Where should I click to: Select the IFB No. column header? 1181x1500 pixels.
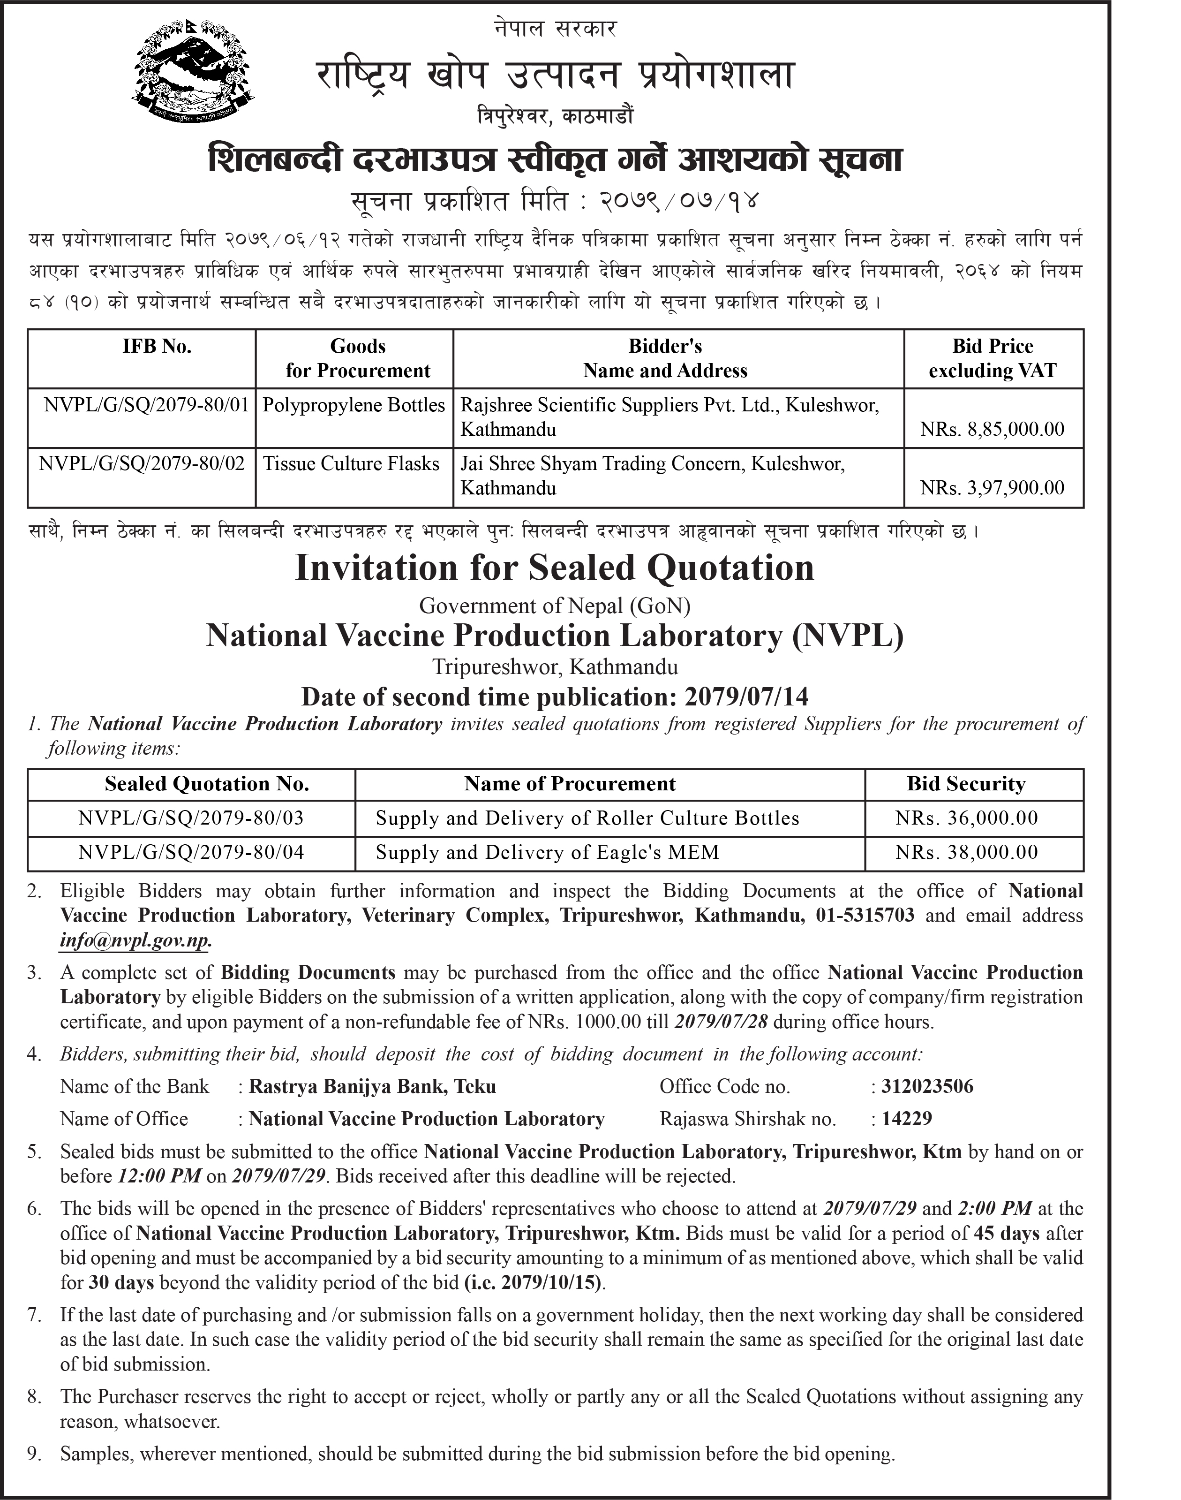157,347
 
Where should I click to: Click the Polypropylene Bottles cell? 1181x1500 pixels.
354,405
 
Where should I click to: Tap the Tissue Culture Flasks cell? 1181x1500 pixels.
351,463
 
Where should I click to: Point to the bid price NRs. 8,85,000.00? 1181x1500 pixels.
992,430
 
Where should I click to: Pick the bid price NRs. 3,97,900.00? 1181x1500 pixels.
992,488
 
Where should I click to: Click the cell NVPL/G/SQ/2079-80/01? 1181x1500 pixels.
146,405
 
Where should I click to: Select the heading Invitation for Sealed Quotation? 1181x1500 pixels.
555,568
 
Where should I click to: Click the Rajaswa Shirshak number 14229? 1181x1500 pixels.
907,1119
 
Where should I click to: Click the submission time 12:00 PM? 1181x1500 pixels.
160,1176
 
